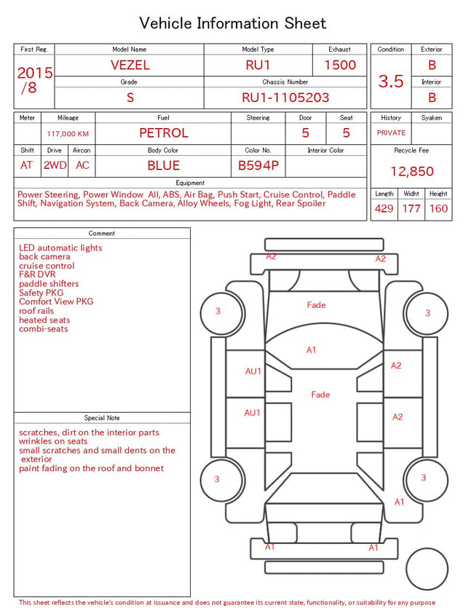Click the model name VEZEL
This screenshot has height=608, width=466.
tap(130, 65)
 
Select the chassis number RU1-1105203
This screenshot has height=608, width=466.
tap(285, 98)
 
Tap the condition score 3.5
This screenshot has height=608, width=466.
tap(391, 81)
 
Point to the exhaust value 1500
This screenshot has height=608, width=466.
tap(340, 65)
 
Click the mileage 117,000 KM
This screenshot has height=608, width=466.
tap(68, 134)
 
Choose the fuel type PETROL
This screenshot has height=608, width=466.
tap(164, 133)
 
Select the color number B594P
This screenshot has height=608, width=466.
tap(258, 165)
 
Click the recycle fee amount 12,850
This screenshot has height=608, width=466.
tap(411, 171)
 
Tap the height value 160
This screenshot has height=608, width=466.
tap(438, 208)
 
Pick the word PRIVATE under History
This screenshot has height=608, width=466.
tap(391, 133)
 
